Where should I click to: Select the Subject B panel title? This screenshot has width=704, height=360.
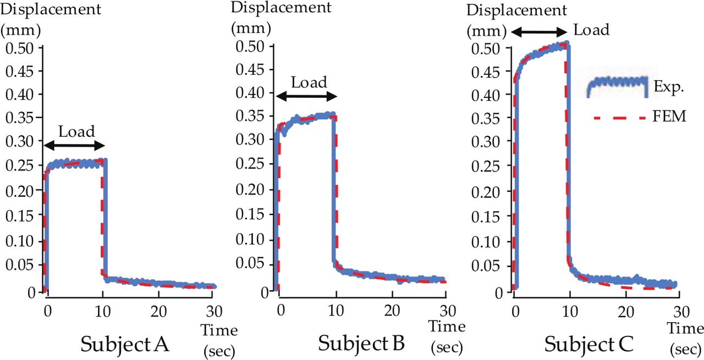click(x=361, y=344)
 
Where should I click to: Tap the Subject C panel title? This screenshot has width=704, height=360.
click(x=589, y=345)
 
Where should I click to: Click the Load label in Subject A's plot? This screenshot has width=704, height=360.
click(x=76, y=132)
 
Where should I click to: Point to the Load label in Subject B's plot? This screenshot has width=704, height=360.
click(x=309, y=83)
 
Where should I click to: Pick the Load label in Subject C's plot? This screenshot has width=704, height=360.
click(x=591, y=30)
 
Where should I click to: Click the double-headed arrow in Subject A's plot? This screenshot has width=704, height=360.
click(x=74, y=146)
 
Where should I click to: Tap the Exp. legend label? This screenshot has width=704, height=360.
click(x=667, y=86)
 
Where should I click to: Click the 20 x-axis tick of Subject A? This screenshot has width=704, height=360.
click(x=158, y=309)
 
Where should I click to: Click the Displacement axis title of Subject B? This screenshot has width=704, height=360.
click(x=281, y=8)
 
